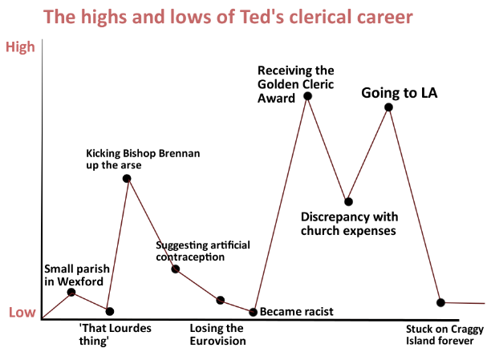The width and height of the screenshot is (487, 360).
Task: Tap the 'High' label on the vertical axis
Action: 21,47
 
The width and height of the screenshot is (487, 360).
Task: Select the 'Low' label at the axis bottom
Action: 21,313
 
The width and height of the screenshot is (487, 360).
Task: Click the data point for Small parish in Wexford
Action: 71,293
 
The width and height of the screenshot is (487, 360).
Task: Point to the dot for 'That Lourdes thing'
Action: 110,311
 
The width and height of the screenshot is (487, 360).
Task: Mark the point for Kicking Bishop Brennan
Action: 127,178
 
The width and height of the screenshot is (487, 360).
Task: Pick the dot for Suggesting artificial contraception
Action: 176,269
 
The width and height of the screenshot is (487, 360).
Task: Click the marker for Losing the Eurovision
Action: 221,300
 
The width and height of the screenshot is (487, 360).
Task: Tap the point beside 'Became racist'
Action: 254,312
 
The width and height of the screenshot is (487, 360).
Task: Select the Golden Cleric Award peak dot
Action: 307,96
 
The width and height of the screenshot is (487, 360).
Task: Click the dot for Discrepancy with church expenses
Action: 348,201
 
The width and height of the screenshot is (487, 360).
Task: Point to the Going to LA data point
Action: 388,107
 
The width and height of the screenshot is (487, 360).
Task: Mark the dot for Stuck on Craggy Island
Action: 440,302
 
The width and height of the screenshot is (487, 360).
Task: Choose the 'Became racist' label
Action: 297,312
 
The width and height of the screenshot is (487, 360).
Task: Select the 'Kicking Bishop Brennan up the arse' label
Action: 132,159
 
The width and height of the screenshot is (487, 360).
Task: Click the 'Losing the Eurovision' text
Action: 217,334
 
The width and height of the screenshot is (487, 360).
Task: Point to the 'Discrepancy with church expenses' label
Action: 347,224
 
